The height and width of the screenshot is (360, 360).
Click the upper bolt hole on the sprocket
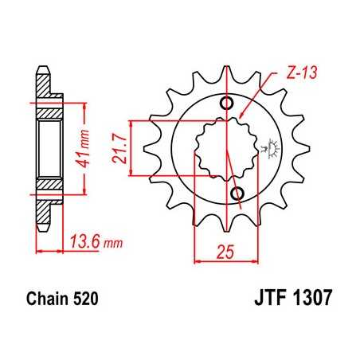(228, 104)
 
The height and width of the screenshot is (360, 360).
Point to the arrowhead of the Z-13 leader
(242, 119)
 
